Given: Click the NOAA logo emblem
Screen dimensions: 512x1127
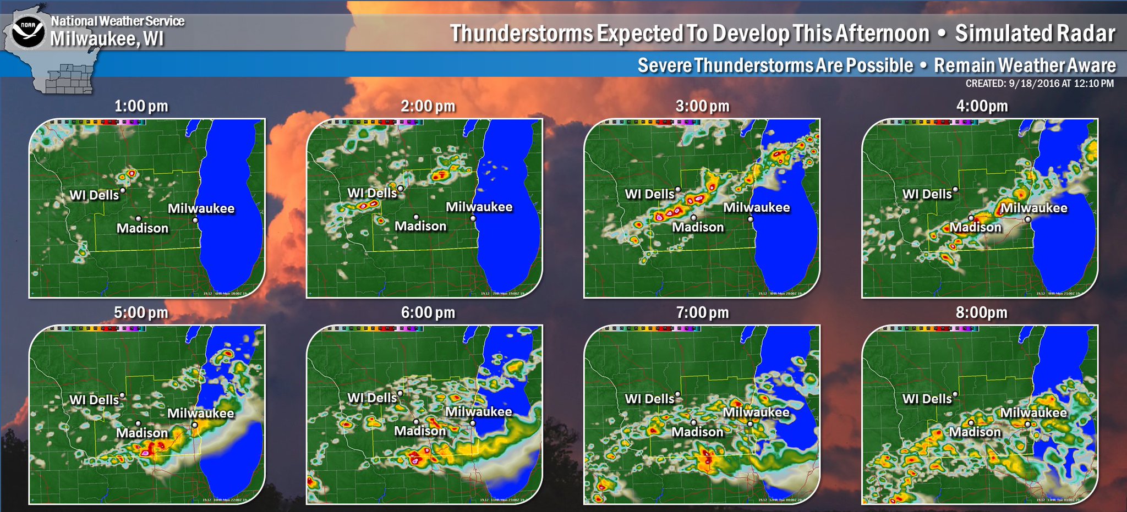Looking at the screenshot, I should [x=29, y=32].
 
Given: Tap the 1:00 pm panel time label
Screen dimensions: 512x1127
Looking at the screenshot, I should [x=141, y=106].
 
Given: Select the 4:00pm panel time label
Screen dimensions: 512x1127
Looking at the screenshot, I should [x=982, y=106].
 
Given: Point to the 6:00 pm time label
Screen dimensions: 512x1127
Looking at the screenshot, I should [x=428, y=313].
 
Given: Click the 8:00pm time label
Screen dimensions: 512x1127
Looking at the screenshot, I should [x=982, y=313].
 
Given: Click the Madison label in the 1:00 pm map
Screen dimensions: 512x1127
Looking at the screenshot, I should [x=143, y=228].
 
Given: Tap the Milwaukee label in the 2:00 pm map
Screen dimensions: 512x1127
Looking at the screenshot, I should [x=479, y=207].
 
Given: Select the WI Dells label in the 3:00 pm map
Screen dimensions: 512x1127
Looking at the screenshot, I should [x=649, y=194].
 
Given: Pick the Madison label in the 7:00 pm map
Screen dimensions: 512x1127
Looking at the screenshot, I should [x=697, y=432].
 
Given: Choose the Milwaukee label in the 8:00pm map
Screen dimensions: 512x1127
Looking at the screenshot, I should [x=1033, y=413].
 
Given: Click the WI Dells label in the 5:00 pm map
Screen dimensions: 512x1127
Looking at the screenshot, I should [x=94, y=400].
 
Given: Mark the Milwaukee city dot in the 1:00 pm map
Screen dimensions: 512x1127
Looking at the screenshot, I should [x=195, y=220].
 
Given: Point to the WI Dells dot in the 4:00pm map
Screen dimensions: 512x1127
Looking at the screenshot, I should [x=955, y=189].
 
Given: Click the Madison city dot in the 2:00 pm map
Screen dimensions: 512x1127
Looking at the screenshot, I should [x=416, y=217].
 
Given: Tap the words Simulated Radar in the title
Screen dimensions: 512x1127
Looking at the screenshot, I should [x=1035, y=34].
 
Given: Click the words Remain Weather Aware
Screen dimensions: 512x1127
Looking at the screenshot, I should [x=1025, y=65].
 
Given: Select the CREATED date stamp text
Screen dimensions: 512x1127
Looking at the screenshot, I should [x=1040, y=84].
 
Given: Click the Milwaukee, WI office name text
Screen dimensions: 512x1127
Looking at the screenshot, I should [x=107, y=39].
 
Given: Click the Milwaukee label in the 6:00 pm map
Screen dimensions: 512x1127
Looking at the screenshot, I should [x=479, y=412].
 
